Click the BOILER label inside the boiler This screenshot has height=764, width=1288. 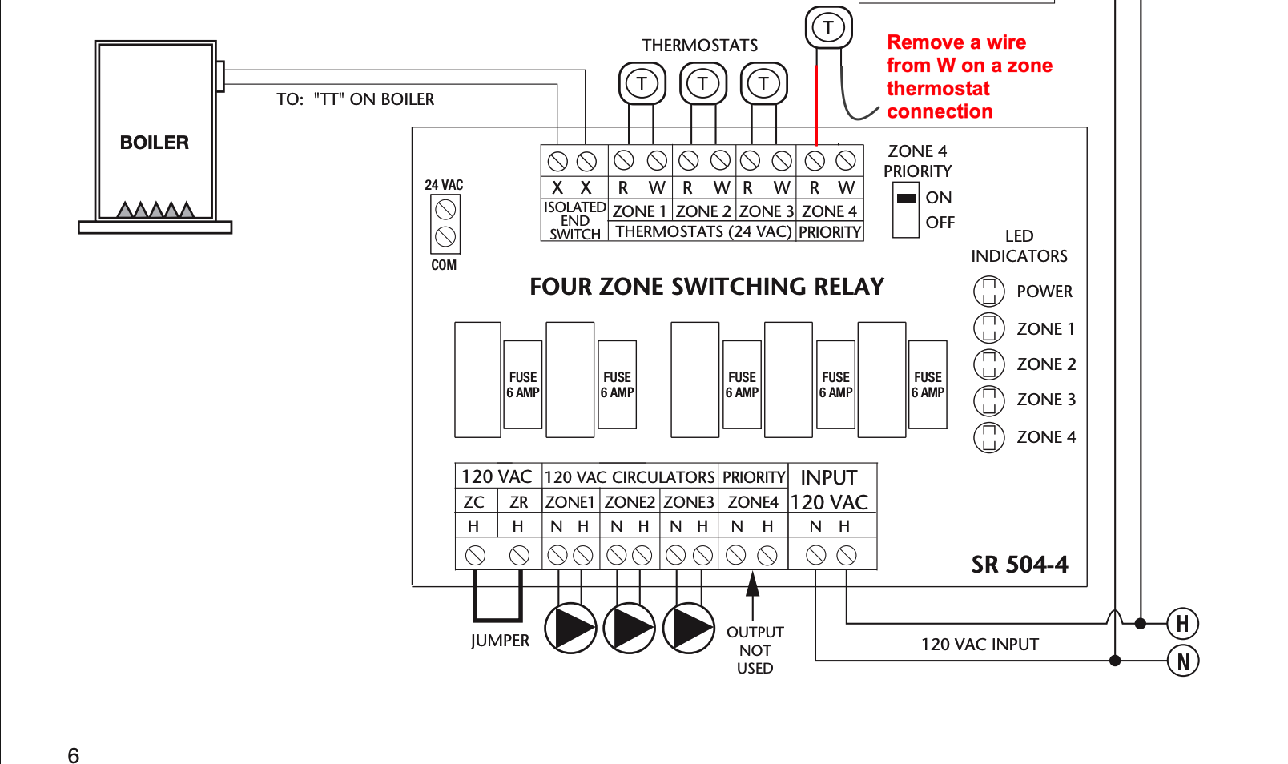tap(154, 143)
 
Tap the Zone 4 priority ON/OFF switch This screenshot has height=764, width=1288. tap(906, 210)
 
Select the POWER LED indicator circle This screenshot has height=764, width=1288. tap(989, 291)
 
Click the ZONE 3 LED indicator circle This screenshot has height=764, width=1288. tap(989, 400)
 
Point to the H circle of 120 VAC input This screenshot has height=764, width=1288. tap(1182, 624)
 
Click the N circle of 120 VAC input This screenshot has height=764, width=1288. tap(1182, 661)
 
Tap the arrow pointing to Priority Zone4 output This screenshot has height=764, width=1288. tap(752, 596)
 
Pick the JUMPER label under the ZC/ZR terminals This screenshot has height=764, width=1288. tap(501, 641)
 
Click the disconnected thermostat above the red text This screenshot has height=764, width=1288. tap(828, 27)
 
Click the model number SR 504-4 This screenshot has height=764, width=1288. tap(1020, 565)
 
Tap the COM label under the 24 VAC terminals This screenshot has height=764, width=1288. tap(444, 265)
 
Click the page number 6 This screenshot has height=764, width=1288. tap(74, 755)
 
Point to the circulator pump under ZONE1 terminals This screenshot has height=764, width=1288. tap(570, 629)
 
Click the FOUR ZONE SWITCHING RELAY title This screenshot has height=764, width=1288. tap(706, 286)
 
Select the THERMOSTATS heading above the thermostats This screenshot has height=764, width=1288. tap(699, 46)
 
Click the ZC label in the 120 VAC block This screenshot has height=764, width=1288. tap(474, 502)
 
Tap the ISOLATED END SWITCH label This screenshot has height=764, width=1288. tap(574, 221)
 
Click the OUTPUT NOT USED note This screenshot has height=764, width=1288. tap(755, 650)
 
